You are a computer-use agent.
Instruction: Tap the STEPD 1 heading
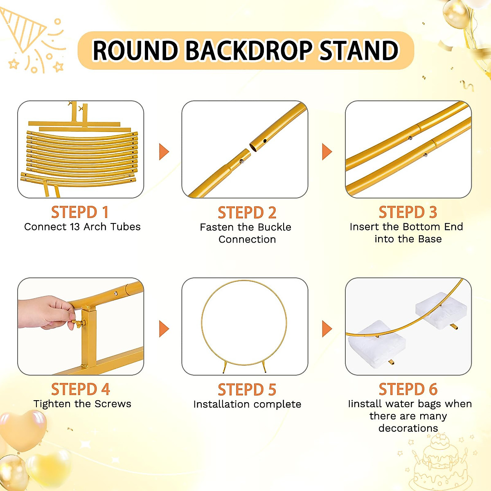(80, 212)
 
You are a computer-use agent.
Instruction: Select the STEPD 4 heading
(81, 389)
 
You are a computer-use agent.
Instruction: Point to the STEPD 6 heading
(408, 389)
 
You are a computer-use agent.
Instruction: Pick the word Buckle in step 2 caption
(274, 227)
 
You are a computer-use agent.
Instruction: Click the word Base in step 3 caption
(430, 239)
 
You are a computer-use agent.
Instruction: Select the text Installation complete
(247, 404)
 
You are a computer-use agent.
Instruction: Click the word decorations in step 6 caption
(408, 428)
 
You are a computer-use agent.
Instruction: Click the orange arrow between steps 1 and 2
(164, 151)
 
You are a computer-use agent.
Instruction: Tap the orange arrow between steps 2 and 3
(327, 151)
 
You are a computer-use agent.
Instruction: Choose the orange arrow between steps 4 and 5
(164, 329)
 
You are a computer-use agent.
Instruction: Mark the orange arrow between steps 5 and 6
(327, 329)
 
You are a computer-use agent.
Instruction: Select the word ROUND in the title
(136, 51)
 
